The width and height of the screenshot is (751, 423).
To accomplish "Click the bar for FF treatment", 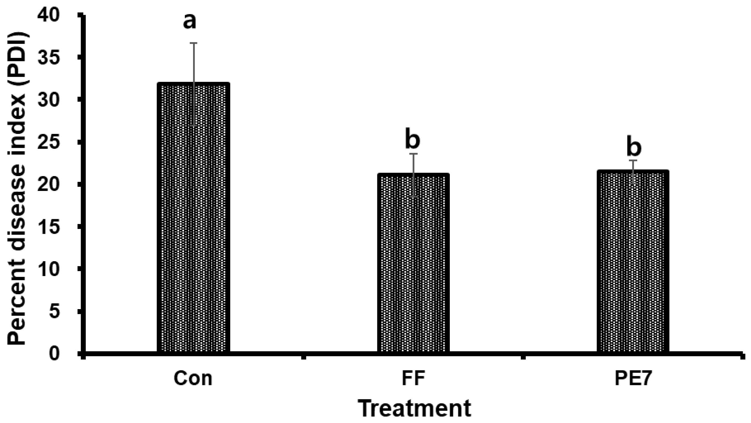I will pyautogui.click(x=413, y=263).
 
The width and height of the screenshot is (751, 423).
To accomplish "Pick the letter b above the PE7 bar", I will pyautogui.click(x=634, y=148).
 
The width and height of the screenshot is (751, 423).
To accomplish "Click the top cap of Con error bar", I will pyautogui.click(x=194, y=43).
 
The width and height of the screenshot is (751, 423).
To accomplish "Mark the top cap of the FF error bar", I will pyautogui.click(x=413, y=154).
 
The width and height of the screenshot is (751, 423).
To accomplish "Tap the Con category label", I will pyautogui.click(x=193, y=378).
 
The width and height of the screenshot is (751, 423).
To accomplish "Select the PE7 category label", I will pyautogui.click(x=633, y=378).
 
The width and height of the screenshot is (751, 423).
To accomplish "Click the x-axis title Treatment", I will pyautogui.click(x=414, y=409).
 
